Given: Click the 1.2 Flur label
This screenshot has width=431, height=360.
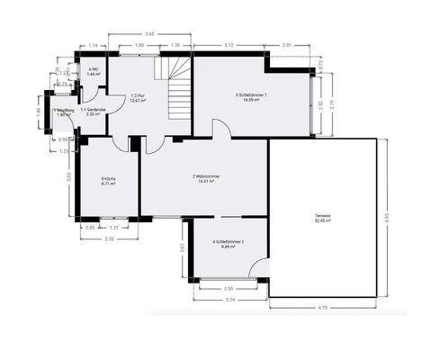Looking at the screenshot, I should click(x=138, y=98).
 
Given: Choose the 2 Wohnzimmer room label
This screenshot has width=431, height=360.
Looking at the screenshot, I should click(x=204, y=178).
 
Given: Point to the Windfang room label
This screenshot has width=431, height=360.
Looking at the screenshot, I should click(x=62, y=113).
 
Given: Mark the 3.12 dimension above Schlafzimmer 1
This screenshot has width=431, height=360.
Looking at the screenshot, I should click(x=229, y=44).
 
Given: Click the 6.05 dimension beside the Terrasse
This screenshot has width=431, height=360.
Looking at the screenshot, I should click(x=386, y=217).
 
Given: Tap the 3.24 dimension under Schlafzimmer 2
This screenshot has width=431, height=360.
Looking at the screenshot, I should click(x=229, y=299).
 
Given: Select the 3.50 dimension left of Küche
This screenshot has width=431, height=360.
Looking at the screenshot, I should click(x=68, y=176).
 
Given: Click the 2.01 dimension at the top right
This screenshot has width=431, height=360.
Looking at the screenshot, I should click(x=286, y=44).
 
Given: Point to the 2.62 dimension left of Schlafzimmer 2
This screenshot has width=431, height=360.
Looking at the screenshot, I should click(x=182, y=247).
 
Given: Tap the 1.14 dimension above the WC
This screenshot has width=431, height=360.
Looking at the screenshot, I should click(x=94, y=44).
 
